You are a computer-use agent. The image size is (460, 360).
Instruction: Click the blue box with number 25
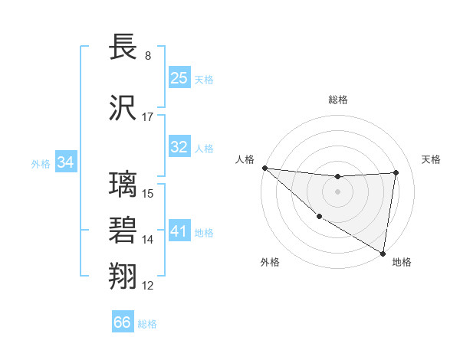179,77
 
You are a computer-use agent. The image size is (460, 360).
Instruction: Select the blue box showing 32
179,147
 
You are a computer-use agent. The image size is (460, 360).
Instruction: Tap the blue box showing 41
179,231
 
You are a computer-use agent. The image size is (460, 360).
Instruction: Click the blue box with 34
66,162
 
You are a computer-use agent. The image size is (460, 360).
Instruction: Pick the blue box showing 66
123,322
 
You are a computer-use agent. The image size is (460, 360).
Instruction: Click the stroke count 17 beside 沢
148,117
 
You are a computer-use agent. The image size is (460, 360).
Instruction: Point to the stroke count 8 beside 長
147,56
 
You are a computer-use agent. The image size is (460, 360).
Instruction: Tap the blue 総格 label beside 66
147,324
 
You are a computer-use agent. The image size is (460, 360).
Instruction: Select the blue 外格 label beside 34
41,163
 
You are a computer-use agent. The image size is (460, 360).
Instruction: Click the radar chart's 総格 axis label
337,100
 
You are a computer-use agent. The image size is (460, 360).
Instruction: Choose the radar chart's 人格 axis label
245,159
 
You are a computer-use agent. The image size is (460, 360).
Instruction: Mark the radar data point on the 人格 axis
264,168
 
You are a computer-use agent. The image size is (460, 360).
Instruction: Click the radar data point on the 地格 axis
383,253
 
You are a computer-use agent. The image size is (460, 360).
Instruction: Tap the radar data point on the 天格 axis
396,172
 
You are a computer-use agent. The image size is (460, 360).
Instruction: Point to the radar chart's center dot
337,191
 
